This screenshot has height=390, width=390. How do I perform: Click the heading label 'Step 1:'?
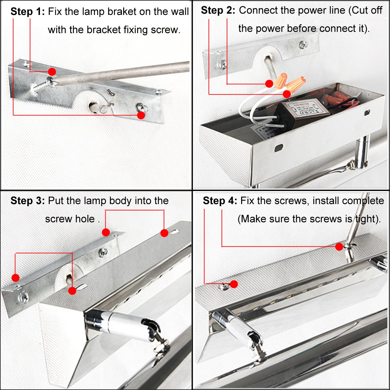[x=28, y=12]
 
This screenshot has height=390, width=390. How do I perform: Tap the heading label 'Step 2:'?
[x=218, y=10]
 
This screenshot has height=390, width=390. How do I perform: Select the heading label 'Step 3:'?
[x=28, y=201]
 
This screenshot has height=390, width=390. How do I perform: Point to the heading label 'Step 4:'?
[x=220, y=201]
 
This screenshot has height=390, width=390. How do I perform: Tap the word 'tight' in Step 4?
[x=364, y=219]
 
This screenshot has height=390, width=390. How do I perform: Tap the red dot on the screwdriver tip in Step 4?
[x=339, y=246]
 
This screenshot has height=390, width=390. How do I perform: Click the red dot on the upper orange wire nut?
[x=269, y=84]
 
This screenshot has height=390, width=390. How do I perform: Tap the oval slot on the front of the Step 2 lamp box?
[x=279, y=148]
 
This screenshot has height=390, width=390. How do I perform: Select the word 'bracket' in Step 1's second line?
[x=104, y=30]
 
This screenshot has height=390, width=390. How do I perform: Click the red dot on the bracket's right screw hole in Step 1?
[x=141, y=115]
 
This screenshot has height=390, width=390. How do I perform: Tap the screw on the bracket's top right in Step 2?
[x=303, y=45]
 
